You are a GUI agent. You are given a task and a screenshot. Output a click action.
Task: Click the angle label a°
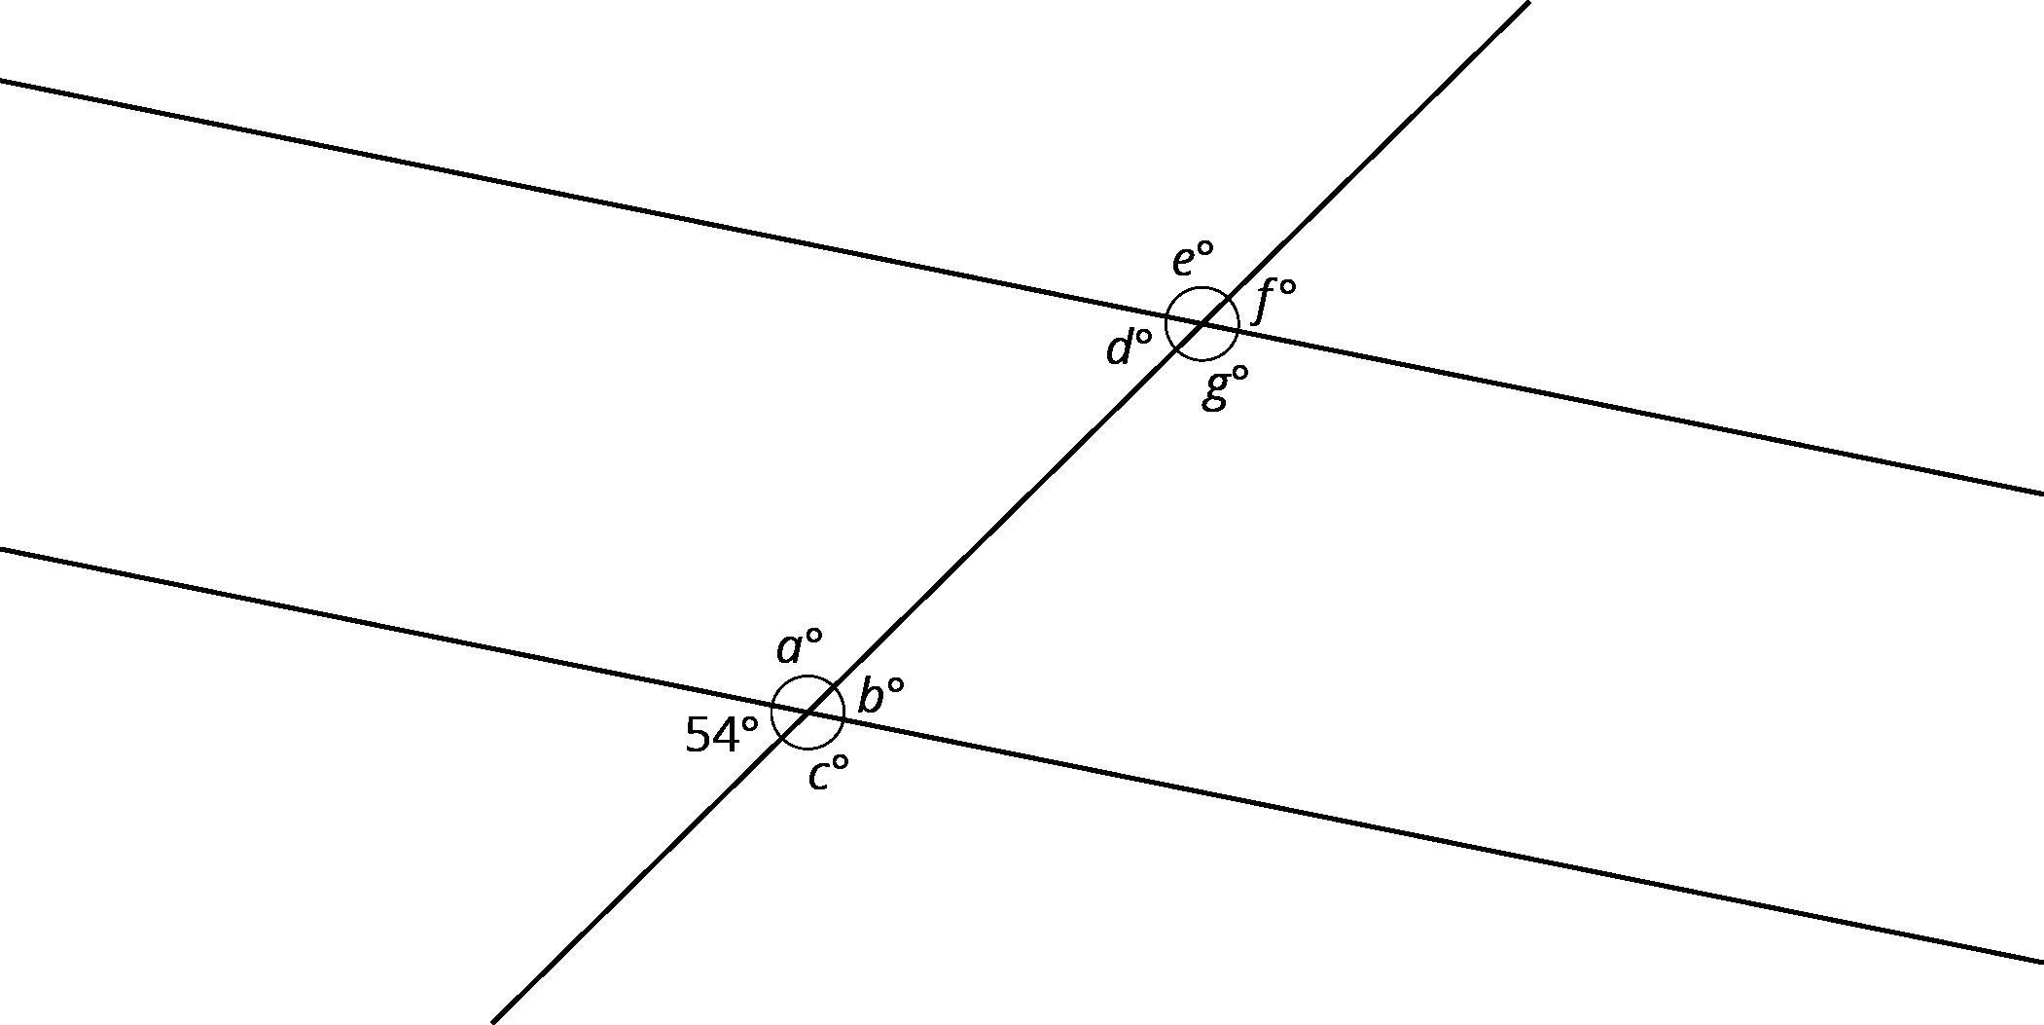pyautogui.click(x=799, y=645)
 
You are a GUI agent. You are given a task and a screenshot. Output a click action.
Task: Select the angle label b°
pyautogui.click(x=880, y=695)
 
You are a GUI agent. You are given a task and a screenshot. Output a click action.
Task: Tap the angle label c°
pyautogui.click(x=828, y=774)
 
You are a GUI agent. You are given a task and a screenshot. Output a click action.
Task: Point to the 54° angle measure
pyautogui.click(x=722, y=735)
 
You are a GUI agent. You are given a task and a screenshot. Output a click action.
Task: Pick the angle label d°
pyautogui.click(x=1129, y=347)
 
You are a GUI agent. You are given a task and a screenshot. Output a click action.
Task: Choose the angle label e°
pyautogui.click(x=1193, y=260)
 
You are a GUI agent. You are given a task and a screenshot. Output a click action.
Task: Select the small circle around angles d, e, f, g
pyautogui.click(x=1202, y=323)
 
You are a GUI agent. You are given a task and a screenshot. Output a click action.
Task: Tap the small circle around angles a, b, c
pyautogui.click(x=808, y=713)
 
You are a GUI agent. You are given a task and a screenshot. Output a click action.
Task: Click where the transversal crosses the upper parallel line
pyautogui.click(x=1202, y=323)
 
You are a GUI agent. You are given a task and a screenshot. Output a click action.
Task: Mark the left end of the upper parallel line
pyautogui.click(x=1, y=81)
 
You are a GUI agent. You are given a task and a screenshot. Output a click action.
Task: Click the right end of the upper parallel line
pyautogui.click(x=2043, y=494)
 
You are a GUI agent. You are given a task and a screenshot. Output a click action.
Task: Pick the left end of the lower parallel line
pyautogui.click(x=1, y=549)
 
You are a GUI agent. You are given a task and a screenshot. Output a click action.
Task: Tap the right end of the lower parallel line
pyautogui.click(x=2043, y=963)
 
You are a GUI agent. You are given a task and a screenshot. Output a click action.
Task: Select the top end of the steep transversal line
pyautogui.click(x=1529, y=2)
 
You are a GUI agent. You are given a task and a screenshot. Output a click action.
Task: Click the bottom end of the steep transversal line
pyautogui.click(x=492, y=1022)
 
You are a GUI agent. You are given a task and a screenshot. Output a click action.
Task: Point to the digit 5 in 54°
pyautogui.click(x=699, y=735)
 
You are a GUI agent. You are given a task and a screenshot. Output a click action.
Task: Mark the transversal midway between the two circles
pyautogui.click(x=1006, y=518)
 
